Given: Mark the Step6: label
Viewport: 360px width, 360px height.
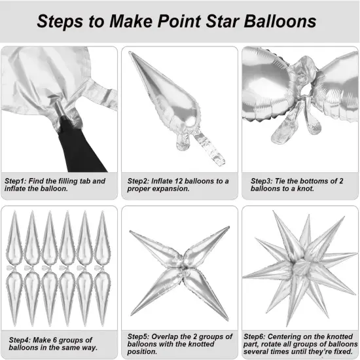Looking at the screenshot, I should (260, 336).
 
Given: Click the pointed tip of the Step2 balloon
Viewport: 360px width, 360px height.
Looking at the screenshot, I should (132, 55).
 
